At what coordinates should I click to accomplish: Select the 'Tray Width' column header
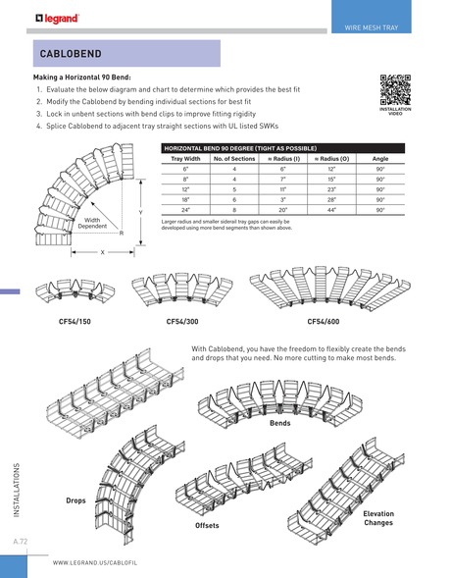(x=185, y=158)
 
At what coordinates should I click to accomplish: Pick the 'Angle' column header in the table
(x=380, y=158)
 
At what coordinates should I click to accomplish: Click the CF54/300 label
(x=182, y=321)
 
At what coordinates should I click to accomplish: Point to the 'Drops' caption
(x=75, y=500)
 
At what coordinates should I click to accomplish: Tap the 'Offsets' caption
(x=207, y=526)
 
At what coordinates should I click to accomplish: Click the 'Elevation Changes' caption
(x=378, y=518)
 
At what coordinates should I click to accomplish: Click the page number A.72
(x=22, y=541)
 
